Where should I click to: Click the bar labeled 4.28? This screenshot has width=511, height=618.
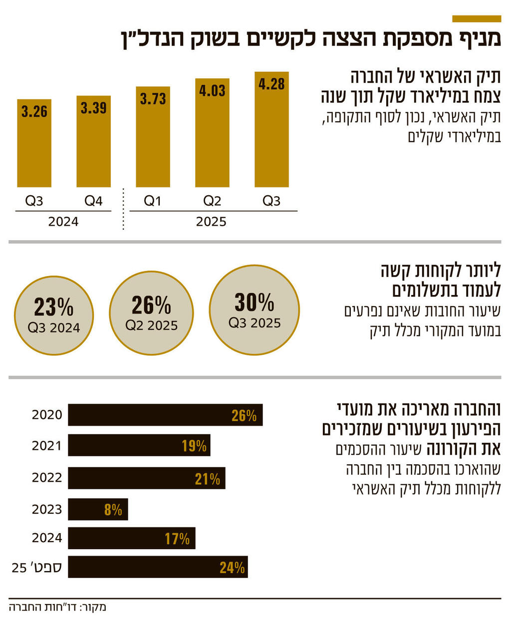coord(271,130)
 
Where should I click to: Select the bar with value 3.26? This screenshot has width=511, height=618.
coord(34,143)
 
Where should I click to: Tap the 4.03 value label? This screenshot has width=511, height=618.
coord(212,91)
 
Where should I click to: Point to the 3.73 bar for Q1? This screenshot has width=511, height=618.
coord(153,137)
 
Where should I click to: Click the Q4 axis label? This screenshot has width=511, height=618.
coord(93,201)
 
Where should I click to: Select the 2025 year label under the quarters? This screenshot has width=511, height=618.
coord(211,222)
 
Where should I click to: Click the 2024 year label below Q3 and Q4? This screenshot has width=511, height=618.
coord(63,222)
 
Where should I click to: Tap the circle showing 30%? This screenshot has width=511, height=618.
coord(255,310)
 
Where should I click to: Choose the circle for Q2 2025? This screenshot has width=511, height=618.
coord(151,313)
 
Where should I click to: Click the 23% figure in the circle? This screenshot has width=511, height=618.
coord(53,307)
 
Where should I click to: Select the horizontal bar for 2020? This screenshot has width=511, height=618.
coord(165,415)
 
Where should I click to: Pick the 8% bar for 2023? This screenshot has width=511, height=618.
coord(98,509)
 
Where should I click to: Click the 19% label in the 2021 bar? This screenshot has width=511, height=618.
coord(194,446)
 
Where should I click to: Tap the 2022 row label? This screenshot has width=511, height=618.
coord(47,478)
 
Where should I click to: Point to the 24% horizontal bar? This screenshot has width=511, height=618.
coord(158,567)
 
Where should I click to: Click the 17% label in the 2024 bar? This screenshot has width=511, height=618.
coord(177,539)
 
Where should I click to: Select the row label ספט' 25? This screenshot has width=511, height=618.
coord(37,568)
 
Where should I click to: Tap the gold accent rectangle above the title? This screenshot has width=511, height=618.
coord(476,19)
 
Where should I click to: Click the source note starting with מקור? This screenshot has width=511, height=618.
coord(57,607)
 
